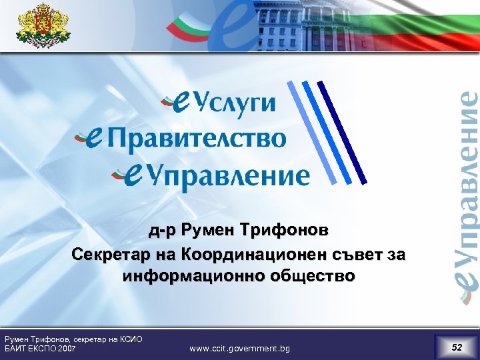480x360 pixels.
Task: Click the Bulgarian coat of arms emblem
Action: [x=43, y=25]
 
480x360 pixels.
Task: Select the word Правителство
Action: [x=197, y=139]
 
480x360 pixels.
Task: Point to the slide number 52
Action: [x=457, y=347]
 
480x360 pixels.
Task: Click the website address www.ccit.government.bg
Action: [x=239, y=349]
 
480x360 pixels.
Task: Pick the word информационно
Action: [x=177, y=275]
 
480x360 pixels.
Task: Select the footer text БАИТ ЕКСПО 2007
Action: [x=39, y=349]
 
